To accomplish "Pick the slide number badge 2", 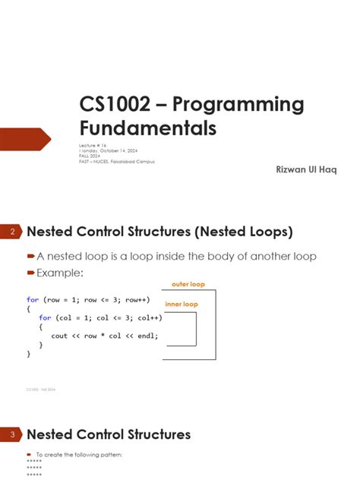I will (12, 231).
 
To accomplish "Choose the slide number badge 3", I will (12, 435).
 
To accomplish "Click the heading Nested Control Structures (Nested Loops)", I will (159, 231).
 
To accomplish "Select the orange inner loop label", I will (182, 304).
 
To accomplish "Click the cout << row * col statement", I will (104, 335).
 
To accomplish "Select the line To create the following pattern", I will (80, 454).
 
